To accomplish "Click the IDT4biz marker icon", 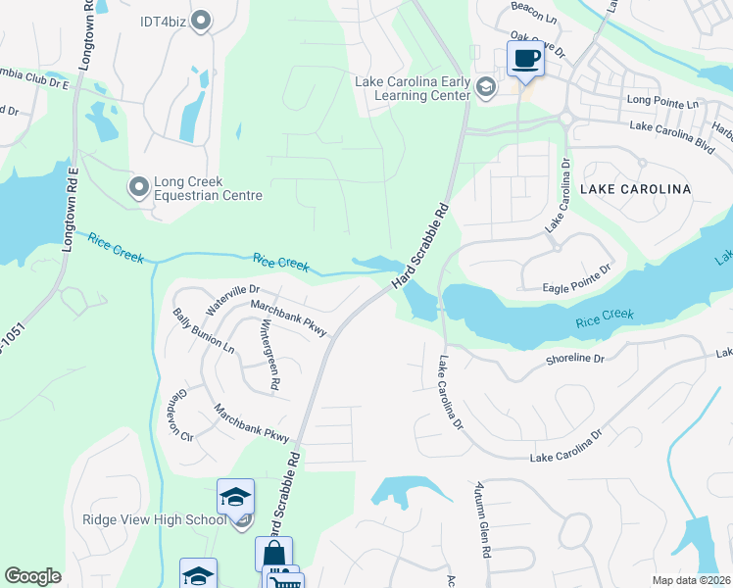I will (x=202, y=20).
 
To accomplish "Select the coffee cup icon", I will (x=524, y=59).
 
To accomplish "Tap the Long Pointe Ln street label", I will (x=662, y=102).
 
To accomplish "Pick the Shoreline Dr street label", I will (x=577, y=360).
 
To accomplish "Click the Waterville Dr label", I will (x=232, y=300).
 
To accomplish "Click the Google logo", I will (x=33, y=576).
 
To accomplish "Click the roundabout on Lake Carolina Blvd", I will (x=565, y=120).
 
